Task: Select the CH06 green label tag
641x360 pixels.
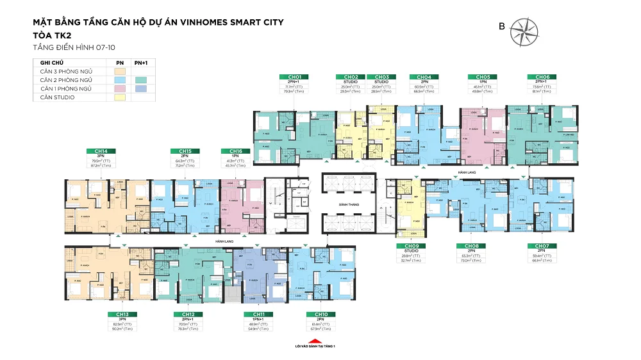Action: point(538,77)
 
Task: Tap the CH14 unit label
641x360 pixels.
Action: point(99,151)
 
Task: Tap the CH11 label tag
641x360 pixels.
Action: point(256,314)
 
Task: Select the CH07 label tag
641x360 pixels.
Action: point(538,246)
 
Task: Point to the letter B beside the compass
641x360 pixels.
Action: point(502,26)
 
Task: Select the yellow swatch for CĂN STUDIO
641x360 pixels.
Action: point(119,97)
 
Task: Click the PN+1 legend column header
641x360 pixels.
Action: point(140,62)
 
